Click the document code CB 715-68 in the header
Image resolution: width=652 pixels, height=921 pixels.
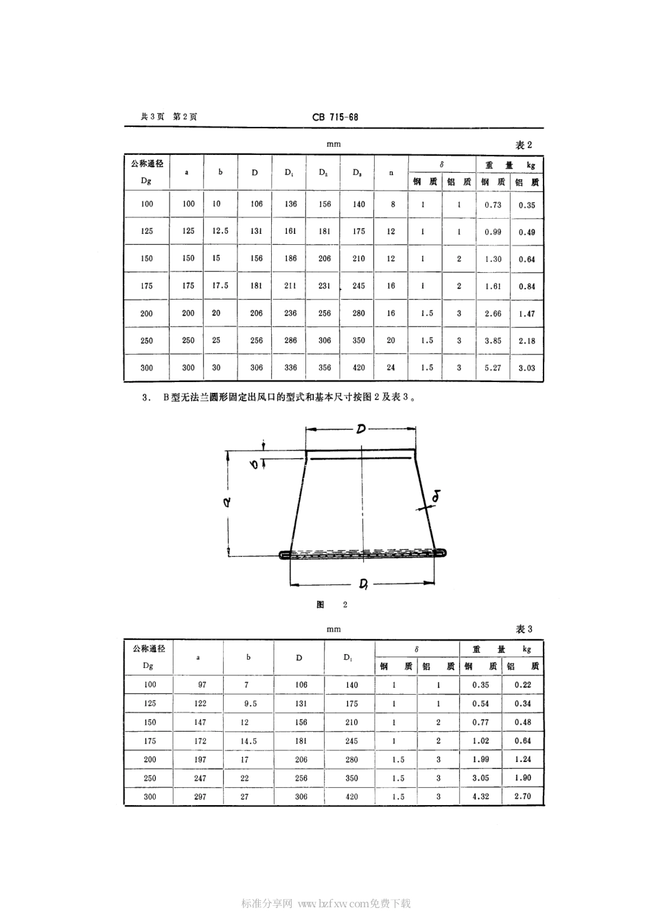tap(335, 117)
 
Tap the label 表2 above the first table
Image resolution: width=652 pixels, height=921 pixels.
tap(524, 145)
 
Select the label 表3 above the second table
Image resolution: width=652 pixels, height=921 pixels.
tap(524, 630)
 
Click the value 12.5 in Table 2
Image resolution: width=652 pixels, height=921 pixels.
tap(220, 231)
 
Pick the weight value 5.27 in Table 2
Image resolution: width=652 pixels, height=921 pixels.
tap(493, 368)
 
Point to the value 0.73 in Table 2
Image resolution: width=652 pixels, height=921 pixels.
tap(493, 204)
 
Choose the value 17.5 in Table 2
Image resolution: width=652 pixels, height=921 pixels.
tap(220, 286)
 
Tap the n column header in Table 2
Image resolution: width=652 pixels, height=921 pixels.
tap(391, 173)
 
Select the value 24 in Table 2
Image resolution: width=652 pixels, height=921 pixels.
tap(391, 368)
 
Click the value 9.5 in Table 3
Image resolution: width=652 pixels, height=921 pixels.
tap(249, 704)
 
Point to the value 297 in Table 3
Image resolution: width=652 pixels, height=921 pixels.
tap(199, 797)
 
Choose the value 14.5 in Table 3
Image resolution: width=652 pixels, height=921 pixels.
tap(249, 741)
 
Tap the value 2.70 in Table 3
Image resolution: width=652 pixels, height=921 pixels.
tap(523, 797)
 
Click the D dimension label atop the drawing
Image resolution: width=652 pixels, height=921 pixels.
tap(360, 430)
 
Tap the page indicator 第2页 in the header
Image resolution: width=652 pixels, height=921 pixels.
tap(185, 117)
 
